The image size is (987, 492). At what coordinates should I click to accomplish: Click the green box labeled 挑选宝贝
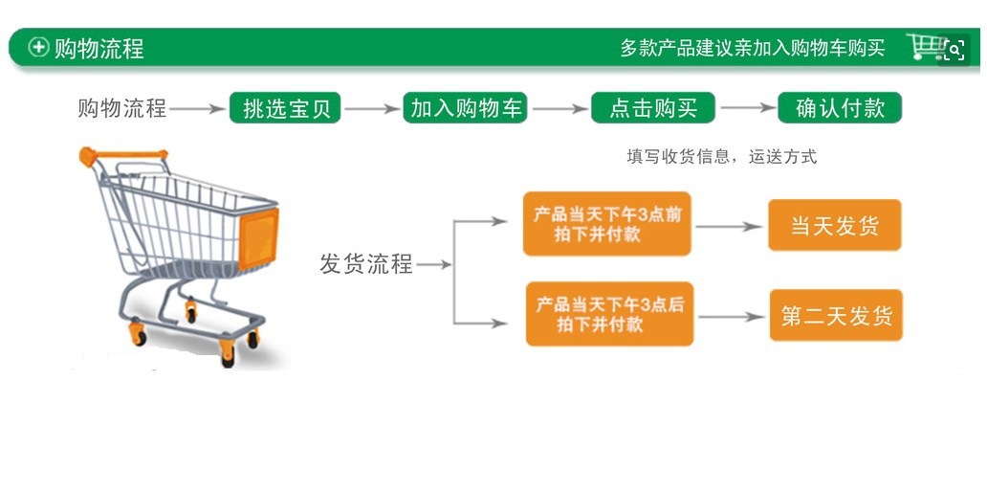pyautogui.click(x=285, y=108)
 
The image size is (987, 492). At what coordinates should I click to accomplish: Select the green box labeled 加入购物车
pyautogui.click(x=467, y=108)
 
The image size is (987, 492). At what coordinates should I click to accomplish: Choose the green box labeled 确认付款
pyautogui.click(x=840, y=108)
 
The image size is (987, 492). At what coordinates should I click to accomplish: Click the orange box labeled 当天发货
pyautogui.click(x=834, y=226)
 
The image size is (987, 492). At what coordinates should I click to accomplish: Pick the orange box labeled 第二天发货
pyautogui.click(x=836, y=315)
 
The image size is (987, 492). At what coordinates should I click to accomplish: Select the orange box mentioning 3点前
pyautogui.click(x=606, y=224)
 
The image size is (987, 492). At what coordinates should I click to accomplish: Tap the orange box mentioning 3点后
pyautogui.click(x=609, y=314)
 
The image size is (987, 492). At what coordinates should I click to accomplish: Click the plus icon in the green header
pyautogui.click(x=38, y=47)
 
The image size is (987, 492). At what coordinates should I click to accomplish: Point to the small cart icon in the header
pyautogui.click(x=924, y=46)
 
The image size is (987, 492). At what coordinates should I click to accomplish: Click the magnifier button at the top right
pyautogui.click(x=954, y=51)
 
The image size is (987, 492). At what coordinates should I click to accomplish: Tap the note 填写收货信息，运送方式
pyautogui.click(x=722, y=157)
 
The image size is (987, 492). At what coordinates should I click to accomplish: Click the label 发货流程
pyautogui.click(x=365, y=264)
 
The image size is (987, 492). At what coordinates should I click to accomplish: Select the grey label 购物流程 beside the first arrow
pyautogui.click(x=121, y=108)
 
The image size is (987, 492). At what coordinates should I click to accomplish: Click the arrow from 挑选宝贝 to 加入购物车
pyautogui.click(x=371, y=109)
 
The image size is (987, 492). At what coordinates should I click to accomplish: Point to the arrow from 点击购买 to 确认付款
pyautogui.click(x=746, y=109)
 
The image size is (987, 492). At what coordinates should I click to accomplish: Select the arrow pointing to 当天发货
pyautogui.click(x=730, y=228)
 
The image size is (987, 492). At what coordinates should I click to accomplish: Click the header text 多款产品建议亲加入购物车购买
pyautogui.click(x=752, y=48)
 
